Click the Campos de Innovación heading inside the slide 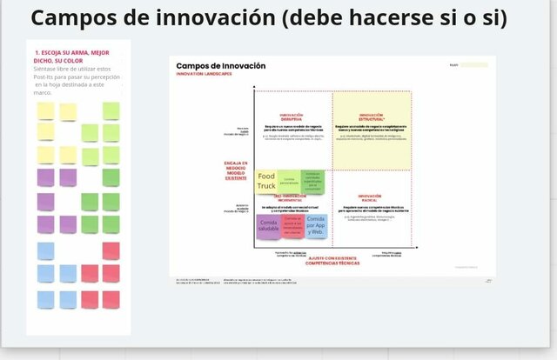[221, 66]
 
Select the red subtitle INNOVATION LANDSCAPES [204, 74]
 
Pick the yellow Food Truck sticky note [266, 182]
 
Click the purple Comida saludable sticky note [268, 226]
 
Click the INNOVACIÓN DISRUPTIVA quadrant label [292, 117]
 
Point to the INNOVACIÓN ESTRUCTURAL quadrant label [371, 117]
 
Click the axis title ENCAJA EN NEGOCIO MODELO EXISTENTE [235, 170]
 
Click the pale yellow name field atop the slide [473, 65]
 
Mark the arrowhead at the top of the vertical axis [254, 88]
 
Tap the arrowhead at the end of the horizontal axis [416, 247]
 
